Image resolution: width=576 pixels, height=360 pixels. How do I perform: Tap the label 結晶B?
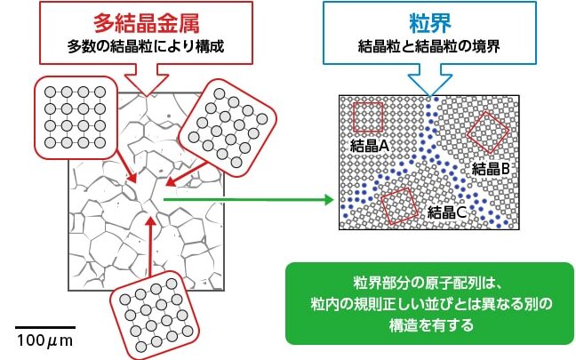(x=491, y=169)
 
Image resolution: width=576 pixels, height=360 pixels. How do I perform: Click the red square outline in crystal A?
(x=369, y=116)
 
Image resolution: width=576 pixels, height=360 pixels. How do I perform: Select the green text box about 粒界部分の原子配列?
(x=428, y=303)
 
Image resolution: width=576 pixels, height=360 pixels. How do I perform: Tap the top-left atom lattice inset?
(x=74, y=116)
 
